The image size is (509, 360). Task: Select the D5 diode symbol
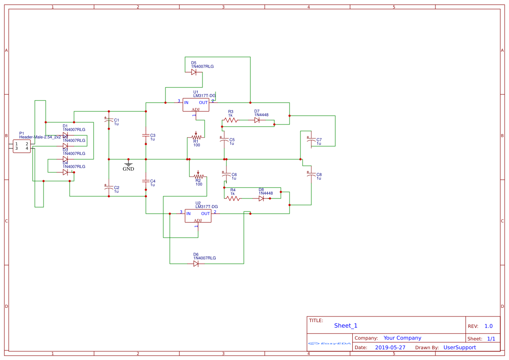(x=194, y=72)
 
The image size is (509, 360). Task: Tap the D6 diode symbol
(x=196, y=263)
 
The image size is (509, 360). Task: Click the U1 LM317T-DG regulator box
(x=196, y=104)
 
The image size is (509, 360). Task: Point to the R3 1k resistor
(x=230, y=120)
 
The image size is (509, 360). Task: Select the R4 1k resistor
(x=233, y=198)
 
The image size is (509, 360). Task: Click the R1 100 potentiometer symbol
(x=196, y=137)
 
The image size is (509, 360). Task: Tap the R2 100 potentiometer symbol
(x=199, y=176)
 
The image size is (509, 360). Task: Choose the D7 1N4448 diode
(x=257, y=120)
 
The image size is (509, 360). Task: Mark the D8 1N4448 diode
(x=261, y=198)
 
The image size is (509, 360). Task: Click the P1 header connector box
(x=22, y=146)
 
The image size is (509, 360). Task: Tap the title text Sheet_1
(x=346, y=326)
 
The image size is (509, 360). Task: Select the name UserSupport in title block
(x=459, y=347)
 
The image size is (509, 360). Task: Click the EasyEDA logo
(x=330, y=343)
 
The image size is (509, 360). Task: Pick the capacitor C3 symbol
(x=146, y=135)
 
